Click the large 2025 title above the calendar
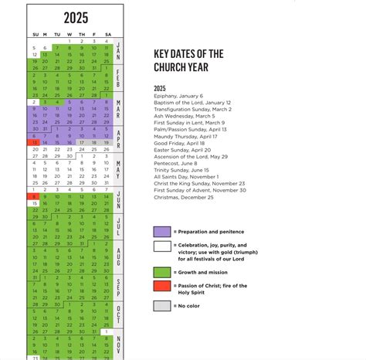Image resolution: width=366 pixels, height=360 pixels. (x=75, y=17)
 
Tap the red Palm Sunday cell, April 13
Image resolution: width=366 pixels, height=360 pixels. (x=33, y=142)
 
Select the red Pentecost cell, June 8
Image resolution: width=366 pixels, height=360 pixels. (x=33, y=197)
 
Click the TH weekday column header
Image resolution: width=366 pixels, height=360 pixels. (x=82, y=34)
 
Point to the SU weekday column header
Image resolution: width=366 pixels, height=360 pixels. (x=34, y=34)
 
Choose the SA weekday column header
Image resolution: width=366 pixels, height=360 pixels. (x=107, y=34)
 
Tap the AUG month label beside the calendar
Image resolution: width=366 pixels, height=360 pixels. (x=118, y=256)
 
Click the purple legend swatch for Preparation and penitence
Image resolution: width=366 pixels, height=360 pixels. (x=161, y=231)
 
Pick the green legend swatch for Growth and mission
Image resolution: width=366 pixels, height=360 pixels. (x=161, y=272)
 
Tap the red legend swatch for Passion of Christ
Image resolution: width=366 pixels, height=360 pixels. (x=161, y=288)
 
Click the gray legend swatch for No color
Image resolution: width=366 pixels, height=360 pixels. (x=161, y=306)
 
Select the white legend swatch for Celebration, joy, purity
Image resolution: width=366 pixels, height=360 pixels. (x=161, y=247)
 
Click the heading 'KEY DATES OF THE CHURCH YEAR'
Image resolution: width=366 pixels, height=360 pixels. (x=188, y=59)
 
